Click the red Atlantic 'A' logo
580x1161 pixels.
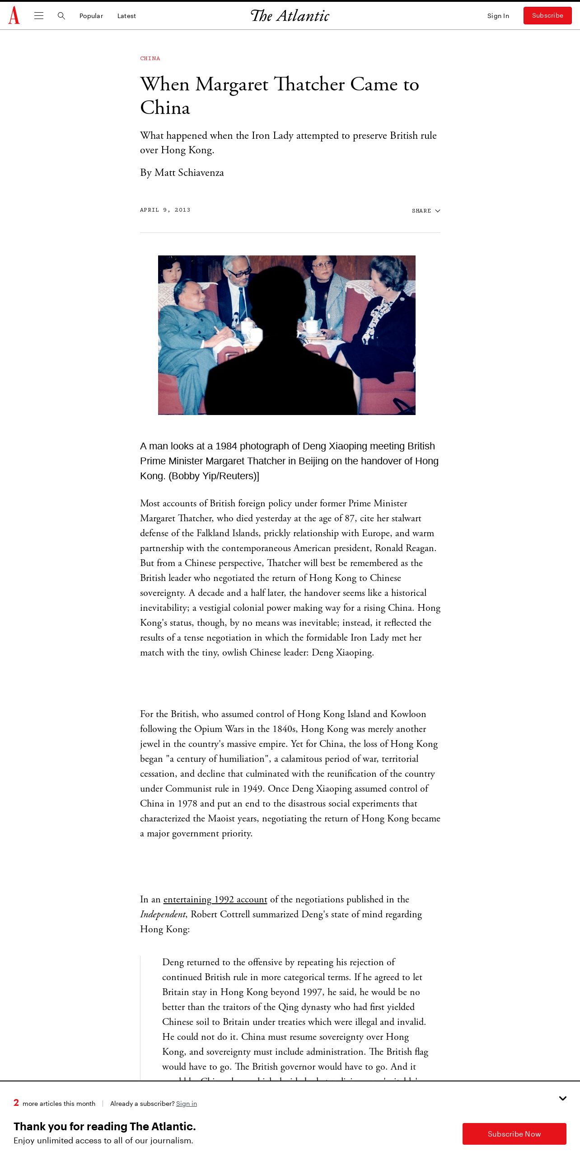(14, 15)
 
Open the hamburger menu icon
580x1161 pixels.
(39, 16)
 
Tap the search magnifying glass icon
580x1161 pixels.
(61, 16)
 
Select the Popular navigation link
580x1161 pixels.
(91, 16)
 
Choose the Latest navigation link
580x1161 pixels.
(126, 16)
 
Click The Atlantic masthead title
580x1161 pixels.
(290, 16)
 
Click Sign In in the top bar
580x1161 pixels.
(498, 16)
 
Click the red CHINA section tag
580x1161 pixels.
(150, 58)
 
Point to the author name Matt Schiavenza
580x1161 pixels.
(189, 173)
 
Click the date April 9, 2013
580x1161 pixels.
(165, 210)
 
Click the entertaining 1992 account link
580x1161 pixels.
(215, 899)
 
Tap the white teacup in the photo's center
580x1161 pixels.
(311, 325)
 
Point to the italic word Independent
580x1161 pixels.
(163, 914)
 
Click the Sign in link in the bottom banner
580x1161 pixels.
(187, 1104)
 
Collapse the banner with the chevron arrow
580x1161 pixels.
(563, 1098)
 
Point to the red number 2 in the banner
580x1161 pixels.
(16, 1103)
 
